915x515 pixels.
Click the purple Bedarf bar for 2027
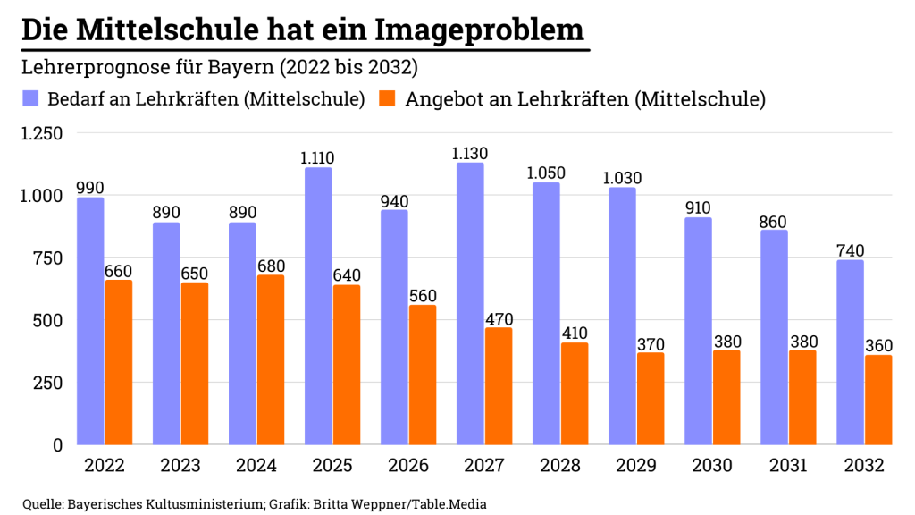click(x=470, y=304)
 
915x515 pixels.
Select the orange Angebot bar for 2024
click(x=270, y=359)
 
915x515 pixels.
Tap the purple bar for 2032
click(x=850, y=352)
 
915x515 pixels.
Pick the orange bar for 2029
click(x=650, y=398)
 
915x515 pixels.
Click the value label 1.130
click(x=470, y=154)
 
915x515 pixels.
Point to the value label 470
click(x=499, y=317)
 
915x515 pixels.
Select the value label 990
click(x=90, y=188)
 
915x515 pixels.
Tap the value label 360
click(x=878, y=345)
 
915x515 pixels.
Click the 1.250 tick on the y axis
click(x=41, y=134)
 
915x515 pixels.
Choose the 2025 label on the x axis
click(x=332, y=466)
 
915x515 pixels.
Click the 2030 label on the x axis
click(x=712, y=466)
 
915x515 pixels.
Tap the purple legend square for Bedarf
click(x=31, y=98)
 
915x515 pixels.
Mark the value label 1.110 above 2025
click(x=318, y=158)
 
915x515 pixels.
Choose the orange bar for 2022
click(x=118, y=362)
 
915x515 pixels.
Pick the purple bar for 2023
click(x=166, y=333)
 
